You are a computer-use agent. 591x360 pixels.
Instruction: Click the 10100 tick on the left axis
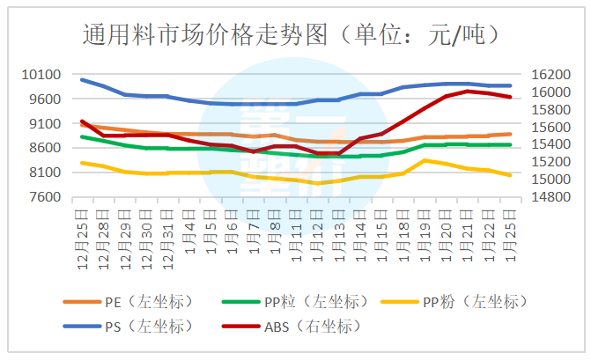pyautogui.click(x=41, y=75)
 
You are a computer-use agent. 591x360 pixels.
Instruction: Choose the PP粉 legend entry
pyautogui.click(x=470, y=302)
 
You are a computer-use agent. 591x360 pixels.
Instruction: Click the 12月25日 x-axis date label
pyautogui.click(x=81, y=233)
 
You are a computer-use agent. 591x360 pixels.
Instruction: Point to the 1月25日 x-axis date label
pyautogui.click(x=507, y=233)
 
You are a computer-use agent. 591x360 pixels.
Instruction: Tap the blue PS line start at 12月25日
pyautogui.click(x=81, y=79)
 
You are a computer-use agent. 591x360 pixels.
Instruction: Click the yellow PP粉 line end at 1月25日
pyautogui.click(x=508, y=175)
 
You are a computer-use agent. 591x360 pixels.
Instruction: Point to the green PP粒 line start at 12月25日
pyautogui.click(x=81, y=136)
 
